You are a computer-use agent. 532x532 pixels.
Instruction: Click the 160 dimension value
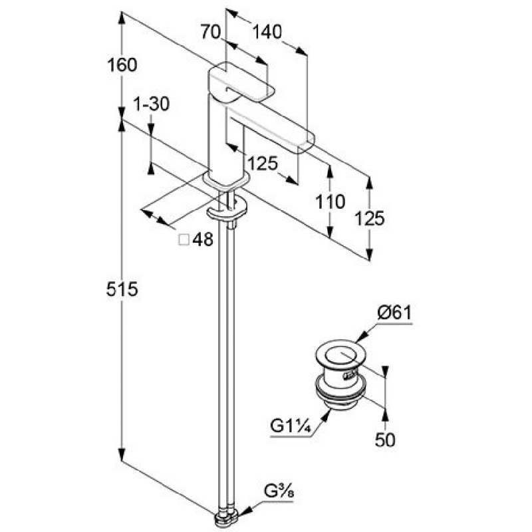pos(122,65)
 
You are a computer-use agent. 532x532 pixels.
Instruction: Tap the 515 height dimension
pos(122,289)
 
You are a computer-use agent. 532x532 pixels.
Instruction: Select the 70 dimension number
pos(210,32)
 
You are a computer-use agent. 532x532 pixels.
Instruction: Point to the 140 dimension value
pos(267,32)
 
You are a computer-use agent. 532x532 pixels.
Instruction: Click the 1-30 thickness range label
pos(152,104)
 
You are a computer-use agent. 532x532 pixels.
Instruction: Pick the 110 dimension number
pos(330,201)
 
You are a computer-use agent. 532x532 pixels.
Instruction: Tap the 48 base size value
pos(203,239)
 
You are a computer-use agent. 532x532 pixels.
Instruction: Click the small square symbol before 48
pos(184,240)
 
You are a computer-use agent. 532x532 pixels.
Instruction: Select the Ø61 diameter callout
pos(394,313)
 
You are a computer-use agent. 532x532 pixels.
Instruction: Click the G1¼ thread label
pos(291,426)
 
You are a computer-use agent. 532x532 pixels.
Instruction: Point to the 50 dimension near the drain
pos(385,440)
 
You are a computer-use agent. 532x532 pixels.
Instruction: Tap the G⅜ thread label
pos(279,491)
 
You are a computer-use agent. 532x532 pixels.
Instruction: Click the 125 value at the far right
pos(370,218)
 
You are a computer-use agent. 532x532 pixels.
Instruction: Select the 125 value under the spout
pos(263,164)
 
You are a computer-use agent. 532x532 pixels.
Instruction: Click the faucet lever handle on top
pos(241,82)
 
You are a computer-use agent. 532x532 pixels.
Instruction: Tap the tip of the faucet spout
pos(307,142)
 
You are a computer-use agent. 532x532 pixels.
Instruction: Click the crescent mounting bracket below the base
pos(227,209)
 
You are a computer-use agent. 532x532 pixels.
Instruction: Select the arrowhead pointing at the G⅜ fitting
pos(246,510)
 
